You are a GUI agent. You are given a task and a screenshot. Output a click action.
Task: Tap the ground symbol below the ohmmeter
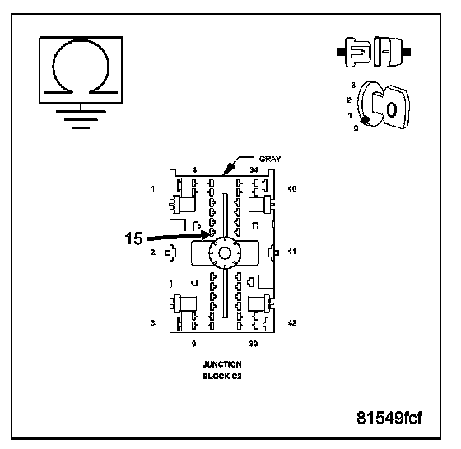click(81, 117)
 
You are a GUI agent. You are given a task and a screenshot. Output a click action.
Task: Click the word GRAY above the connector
click(270, 159)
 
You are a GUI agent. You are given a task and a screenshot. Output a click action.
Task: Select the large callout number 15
click(133, 238)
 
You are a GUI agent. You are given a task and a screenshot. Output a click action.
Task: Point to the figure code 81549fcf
click(389, 417)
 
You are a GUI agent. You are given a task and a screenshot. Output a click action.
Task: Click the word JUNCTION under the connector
click(222, 364)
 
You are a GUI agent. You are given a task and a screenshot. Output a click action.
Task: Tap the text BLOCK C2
click(221, 376)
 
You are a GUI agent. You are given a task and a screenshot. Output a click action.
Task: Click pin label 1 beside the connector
click(153, 188)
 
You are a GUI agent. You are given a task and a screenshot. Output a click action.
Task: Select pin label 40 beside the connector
click(292, 188)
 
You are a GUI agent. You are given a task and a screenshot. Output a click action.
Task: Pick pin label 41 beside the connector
click(291, 252)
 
